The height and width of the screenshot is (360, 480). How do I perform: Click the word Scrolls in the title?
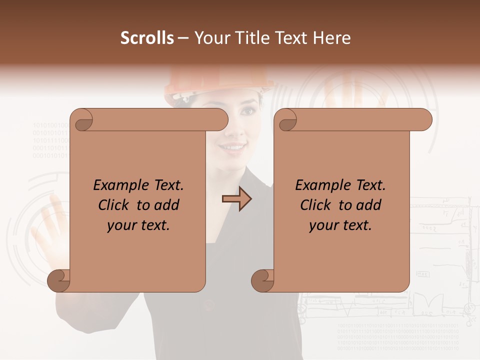[x=147, y=38]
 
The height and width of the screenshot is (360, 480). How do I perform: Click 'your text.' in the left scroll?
[x=138, y=225]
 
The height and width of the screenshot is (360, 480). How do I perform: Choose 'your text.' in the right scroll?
[x=340, y=225]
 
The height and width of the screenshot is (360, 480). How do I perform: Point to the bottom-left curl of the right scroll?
[x=262, y=279]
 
